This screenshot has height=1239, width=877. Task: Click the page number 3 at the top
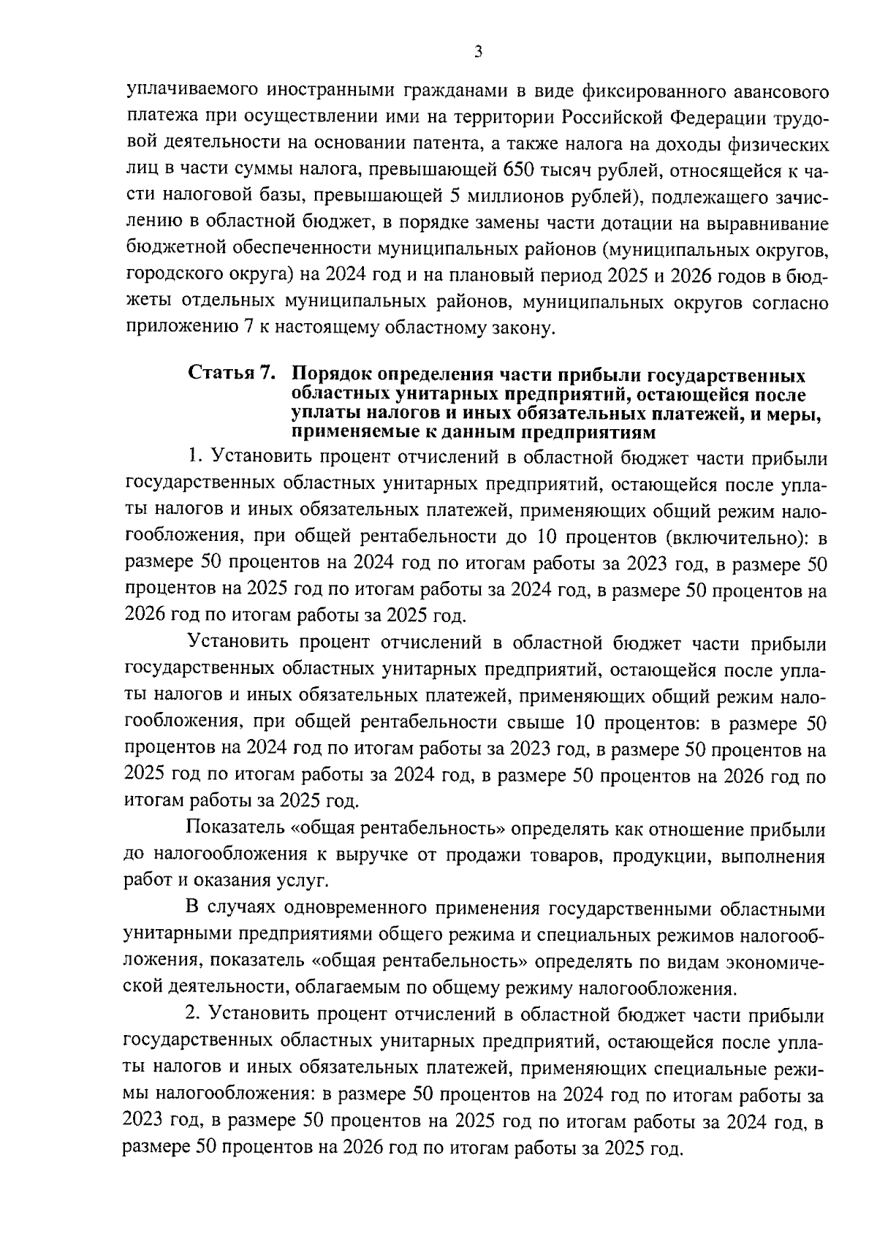[x=478, y=52]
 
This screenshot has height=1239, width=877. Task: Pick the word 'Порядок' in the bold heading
[x=330, y=376]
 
